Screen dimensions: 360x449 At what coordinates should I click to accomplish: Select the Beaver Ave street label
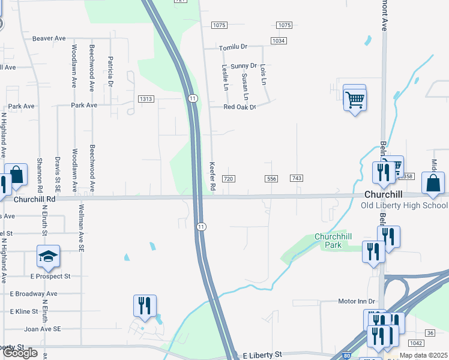click(x=49, y=38)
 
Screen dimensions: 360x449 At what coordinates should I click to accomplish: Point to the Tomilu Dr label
click(x=233, y=47)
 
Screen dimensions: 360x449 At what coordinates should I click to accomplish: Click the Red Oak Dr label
click(x=240, y=107)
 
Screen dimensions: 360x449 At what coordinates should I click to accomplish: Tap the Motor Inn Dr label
click(x=357, y=301)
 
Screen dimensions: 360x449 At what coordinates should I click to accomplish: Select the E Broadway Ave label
click(x=34, y=294)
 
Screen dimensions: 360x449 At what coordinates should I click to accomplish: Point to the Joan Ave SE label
click(x=43, y=329)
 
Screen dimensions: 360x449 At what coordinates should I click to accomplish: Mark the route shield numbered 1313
click(x=146, y=99)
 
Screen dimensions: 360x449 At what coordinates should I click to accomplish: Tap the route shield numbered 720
click(x=228, y=179)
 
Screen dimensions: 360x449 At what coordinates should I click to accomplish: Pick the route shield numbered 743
click(x=296, y=179)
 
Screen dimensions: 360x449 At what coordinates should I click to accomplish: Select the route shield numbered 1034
click(x=278, y=41)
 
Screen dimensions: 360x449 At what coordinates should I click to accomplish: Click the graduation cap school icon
click(x=48, y=257)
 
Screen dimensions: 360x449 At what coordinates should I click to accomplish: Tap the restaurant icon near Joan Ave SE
click(x=145, y=306)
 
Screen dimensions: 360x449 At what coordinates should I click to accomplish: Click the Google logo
click(x=20, y=353)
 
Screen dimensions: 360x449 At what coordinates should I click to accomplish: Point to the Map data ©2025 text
click(x=424, y=355)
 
